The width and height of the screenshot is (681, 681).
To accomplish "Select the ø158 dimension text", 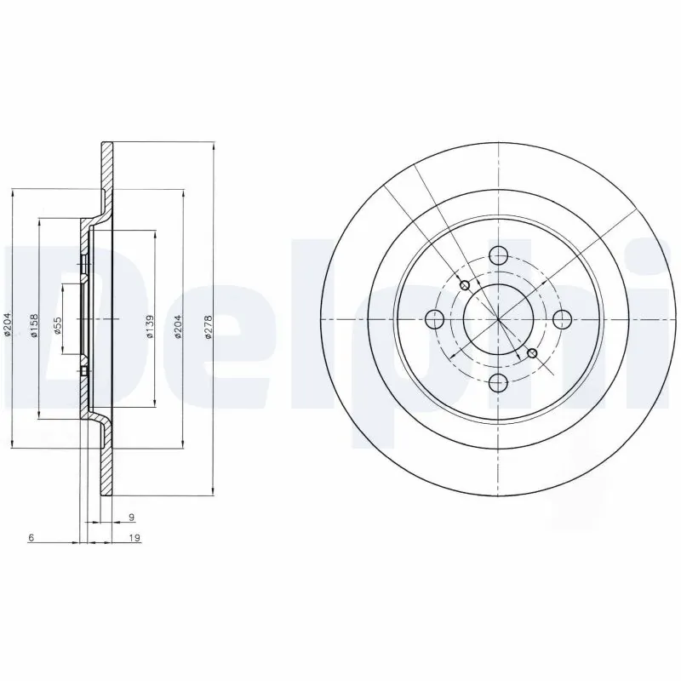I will (x=34, y=324).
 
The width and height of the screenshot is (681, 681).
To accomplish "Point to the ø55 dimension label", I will (x=58, y=324).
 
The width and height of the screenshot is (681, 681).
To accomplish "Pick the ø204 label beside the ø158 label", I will (x=8, y=324).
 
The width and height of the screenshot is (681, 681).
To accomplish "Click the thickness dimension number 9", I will (x=130, y=516).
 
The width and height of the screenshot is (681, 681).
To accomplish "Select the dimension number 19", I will (x=134, y=538).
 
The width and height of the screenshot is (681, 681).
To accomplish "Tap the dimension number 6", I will (x=31, y=538).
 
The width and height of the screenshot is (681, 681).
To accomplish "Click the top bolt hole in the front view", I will (x=499, y=255).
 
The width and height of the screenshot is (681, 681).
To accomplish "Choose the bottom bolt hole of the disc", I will (x=499, y=382).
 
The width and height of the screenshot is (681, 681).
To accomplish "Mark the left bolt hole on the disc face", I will (x=434, y=319).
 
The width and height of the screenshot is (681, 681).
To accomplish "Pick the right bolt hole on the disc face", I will (x=562, y=319).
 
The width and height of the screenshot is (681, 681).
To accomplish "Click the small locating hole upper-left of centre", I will (x=465, y=285).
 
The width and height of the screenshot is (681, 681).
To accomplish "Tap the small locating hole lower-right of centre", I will (x=533, y=353).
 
